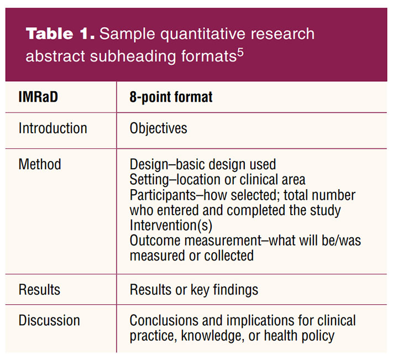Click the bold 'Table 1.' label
tap(60, 34)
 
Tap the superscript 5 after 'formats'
tap(240, 53)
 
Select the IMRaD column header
tap(38, 97)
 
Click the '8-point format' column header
tap(171, 97)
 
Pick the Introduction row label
tap(53, 128)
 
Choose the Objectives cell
tap(159, 128)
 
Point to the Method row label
tap(40, 164)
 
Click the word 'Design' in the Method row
tap(149, 164)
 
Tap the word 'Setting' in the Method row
tap(149, 180)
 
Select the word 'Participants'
tap(163, 195)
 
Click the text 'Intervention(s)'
tap(171, 225)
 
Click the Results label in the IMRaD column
tap(39, 289)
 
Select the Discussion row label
tap(49, 320)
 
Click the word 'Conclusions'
tap(164, 320)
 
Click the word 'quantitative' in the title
tap(202, 34)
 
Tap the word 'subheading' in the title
tap(133, 56)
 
